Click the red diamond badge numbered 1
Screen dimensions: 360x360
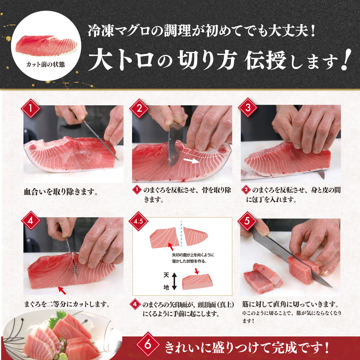[31, 108]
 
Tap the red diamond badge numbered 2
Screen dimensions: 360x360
[139, 108]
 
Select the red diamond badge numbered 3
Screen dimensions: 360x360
[248, 108]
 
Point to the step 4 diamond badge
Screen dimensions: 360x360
[31, 221]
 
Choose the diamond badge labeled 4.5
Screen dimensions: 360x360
[138, 221]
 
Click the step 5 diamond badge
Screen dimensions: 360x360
[247, 221]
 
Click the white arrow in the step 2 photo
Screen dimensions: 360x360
[191, 160]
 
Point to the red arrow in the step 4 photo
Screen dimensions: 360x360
[62, 290]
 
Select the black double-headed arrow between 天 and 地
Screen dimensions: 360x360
[174, 281]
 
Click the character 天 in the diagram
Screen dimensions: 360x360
[166, 275]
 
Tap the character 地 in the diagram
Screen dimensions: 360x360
[166, 287]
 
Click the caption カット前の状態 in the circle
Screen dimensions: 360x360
[46, 64]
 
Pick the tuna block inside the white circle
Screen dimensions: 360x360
[46, 45]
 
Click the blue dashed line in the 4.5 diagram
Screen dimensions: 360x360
[181, 235]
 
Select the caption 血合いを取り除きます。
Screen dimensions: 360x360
[61, 192]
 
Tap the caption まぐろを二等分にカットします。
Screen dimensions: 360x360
[67, 304]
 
